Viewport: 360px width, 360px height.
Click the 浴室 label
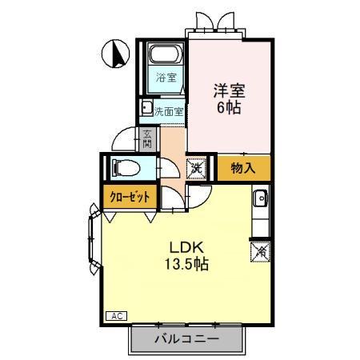click(166, 79)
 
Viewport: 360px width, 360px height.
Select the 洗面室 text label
click(170, 111)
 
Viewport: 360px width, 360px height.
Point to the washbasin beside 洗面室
click(147, 108)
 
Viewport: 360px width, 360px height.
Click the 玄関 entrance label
click(148, 140)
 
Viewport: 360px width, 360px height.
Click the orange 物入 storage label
click(242, 168)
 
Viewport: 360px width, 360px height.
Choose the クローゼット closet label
click(126, 196)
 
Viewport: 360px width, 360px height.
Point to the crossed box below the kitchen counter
click(262, 251)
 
